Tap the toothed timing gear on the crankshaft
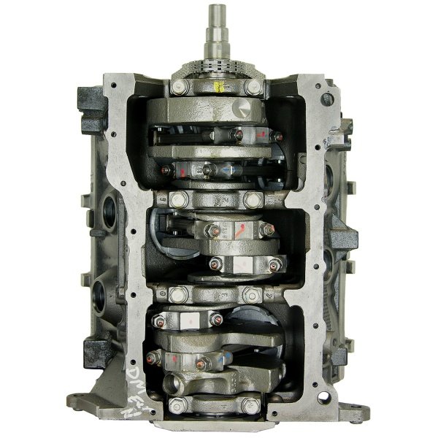[217, 70]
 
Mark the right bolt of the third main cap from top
[253, 296]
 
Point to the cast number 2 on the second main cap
[217, 199]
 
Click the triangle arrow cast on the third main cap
[217, 296]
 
